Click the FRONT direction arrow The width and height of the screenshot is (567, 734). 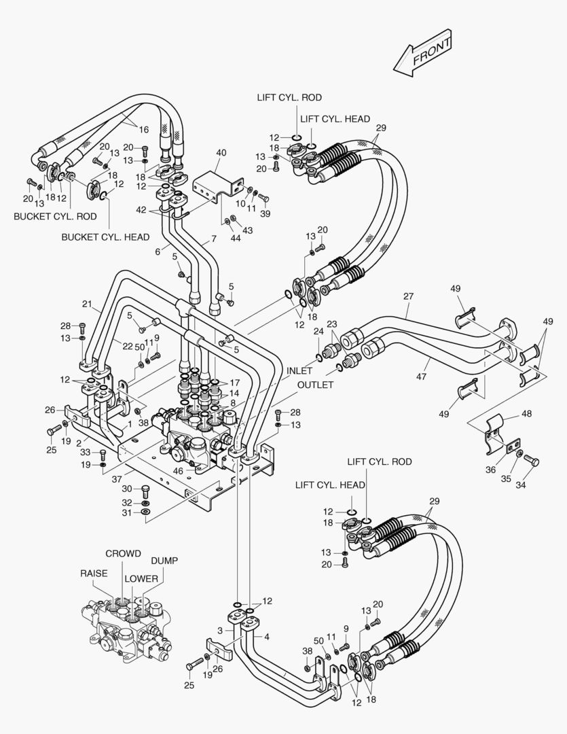(x=422, y=52)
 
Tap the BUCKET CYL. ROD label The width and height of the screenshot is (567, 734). (x=55, y=216)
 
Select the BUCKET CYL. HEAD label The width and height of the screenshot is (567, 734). (x=105, y=237)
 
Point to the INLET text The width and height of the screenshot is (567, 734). (x=299, y=371)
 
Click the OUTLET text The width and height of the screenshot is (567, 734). (x=315, y=385)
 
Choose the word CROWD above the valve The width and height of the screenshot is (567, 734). (x=123, y=554)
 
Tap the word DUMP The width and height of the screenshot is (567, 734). (x=164, y=561)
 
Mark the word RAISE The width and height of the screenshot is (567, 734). (x=94, y=574)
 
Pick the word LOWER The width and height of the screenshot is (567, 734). (x=141, y=579)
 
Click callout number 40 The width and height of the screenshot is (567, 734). (x=221, y=153)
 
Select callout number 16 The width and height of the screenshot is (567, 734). (x=143, y=130)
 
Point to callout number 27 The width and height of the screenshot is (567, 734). (x=408, y=296)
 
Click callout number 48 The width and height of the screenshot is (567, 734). (x=526, y=413)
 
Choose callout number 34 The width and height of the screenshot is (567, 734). (x=522, y=485)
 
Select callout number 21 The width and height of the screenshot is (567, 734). (x=87, y=304)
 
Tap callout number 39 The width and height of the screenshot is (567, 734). (x=266, y=213)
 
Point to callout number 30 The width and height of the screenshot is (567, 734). (x=127, y=488)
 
